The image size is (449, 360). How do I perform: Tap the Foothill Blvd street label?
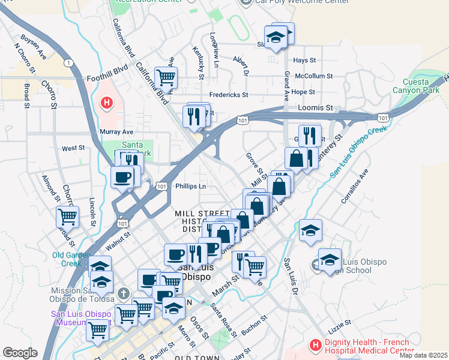tap(108, 70)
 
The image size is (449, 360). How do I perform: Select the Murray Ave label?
tap(117, 131)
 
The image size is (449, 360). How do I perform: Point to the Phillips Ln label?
tap(190, 186)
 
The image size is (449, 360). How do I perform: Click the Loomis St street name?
tap(315, 107)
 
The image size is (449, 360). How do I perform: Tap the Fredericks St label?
tap(228, 95)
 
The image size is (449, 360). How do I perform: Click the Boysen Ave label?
tap(34, 46)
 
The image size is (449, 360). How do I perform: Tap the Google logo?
tap(19, 353)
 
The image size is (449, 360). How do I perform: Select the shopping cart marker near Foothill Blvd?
tap(166, 77)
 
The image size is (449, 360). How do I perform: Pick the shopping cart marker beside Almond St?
tap(68, 217)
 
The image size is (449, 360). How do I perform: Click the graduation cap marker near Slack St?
tap(276, 38)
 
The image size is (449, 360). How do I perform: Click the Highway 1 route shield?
tap(70, 63)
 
